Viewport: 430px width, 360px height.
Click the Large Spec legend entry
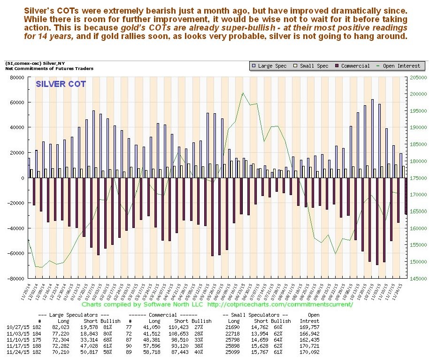click(x=272, y=66)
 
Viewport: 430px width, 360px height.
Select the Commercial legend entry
click(x=352, y=66)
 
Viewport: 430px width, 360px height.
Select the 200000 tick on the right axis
click(x=417, y=94)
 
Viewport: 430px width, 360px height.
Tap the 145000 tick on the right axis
click(x=417, y=278)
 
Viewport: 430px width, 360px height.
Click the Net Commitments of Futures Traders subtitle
click(x=49, y=69)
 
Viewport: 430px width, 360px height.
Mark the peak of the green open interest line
click(x=243, y=93)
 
